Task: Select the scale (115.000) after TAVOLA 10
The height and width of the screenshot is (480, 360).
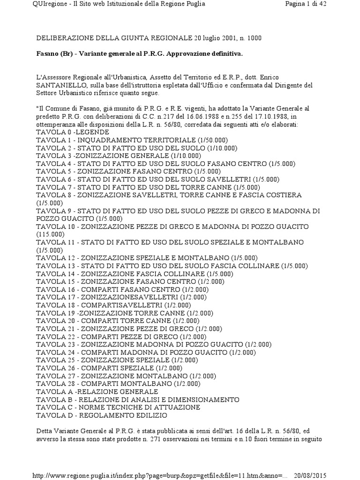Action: (x=50, y=234)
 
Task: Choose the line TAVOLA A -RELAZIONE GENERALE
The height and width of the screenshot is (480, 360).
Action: (x=97, y=391)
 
